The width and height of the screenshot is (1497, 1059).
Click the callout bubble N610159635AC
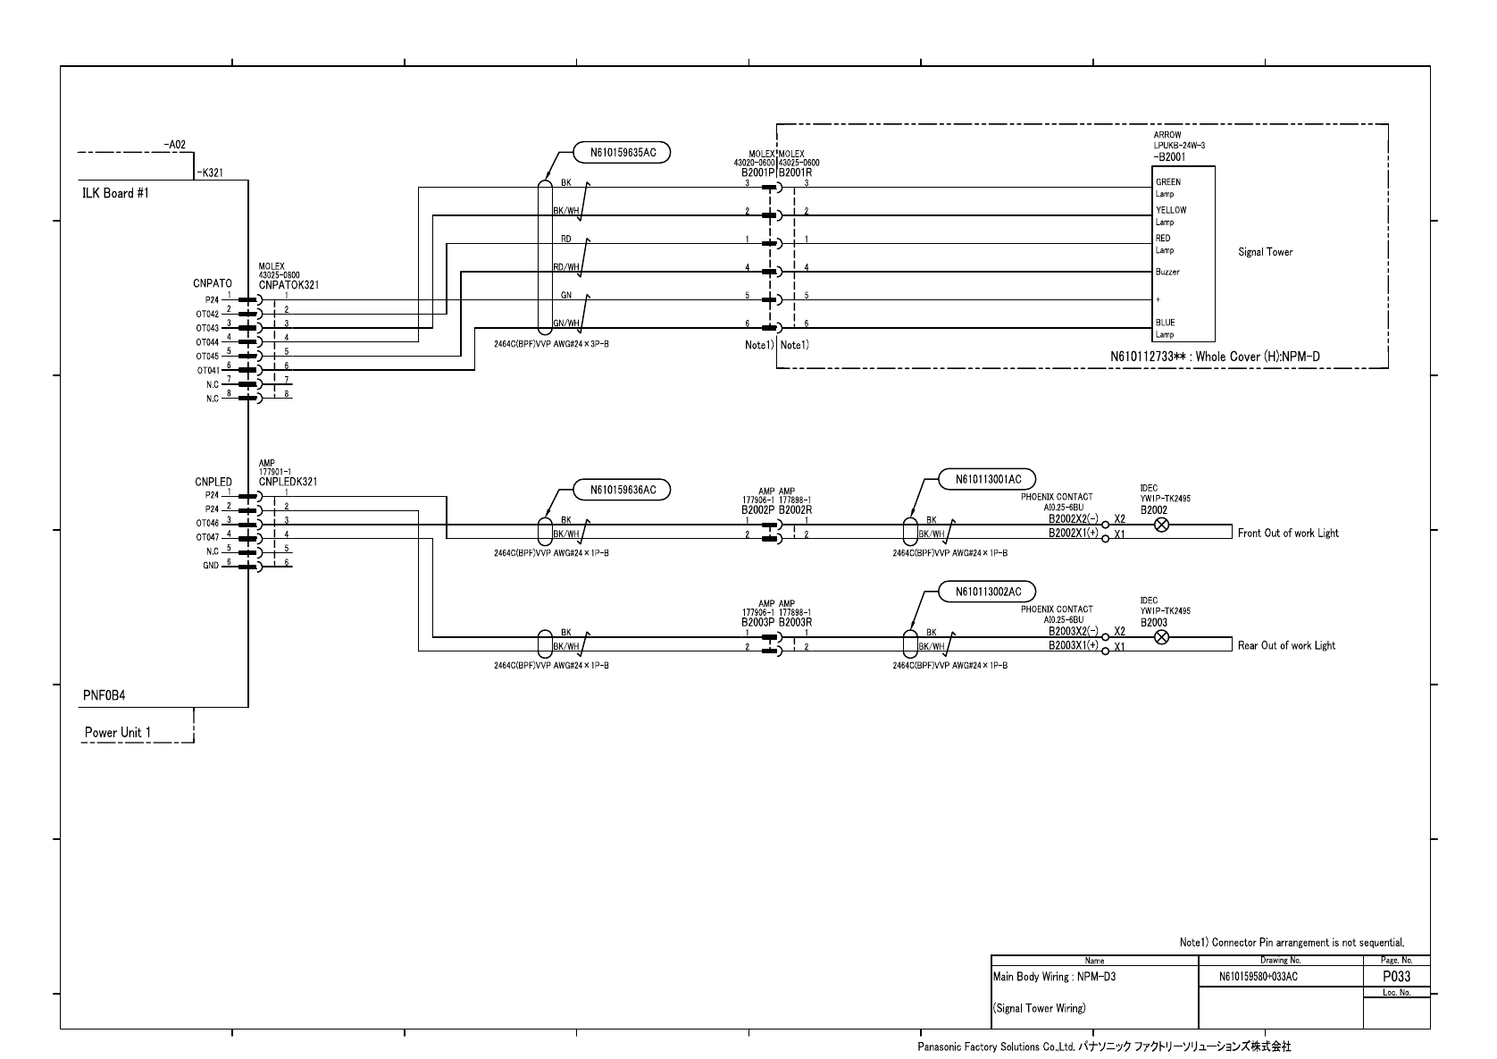tap(623, 153)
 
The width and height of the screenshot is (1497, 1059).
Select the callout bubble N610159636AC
tap(623, 490)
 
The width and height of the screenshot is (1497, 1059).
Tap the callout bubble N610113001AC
tap(988, 479)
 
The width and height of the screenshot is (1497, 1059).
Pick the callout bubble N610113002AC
tap(988, 592)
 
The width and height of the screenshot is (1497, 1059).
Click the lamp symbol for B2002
tap(1162, 525)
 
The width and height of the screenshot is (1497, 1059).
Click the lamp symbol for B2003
tap(1162, 637)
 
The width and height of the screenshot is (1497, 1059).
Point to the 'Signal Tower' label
tap(1265, 252)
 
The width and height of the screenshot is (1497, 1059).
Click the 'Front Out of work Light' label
tap(1288, 534)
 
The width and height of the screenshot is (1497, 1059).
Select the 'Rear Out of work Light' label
tap(1286, 645)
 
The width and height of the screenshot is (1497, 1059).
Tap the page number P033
tap(1396, 977)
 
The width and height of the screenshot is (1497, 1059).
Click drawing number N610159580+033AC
tap(1258, 978)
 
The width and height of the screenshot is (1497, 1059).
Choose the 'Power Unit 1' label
tap(118, 733)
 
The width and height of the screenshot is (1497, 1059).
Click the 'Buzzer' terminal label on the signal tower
tap(1167, 272)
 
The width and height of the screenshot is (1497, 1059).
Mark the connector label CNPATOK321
tap(289, 285)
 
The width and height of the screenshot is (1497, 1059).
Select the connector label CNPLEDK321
tap(288, 482)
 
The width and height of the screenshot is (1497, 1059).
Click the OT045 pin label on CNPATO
tap(207, 357)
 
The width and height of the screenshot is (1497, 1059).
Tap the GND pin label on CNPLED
tap(211, 566)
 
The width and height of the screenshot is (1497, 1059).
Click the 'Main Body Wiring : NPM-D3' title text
tap(1054, 977)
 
